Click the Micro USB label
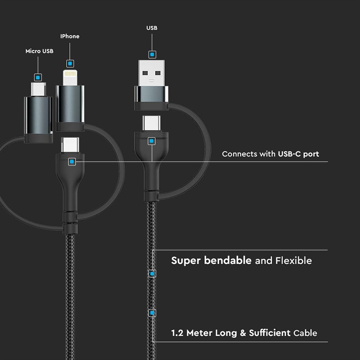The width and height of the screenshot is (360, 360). click(39, 51)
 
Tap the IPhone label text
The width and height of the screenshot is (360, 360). click(70, 36)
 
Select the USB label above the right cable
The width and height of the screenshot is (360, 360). click(152, 28)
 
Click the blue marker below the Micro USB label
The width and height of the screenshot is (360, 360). click(38, 77)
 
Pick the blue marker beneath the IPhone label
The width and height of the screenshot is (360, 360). click(70, 63)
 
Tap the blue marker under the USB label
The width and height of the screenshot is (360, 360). click(152, 54)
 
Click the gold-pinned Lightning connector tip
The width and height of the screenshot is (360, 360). click(70, 77)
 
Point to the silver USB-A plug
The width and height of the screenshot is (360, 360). click(151, 73)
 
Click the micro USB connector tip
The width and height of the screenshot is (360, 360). click(38, 90)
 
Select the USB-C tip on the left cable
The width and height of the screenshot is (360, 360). click(70, 145)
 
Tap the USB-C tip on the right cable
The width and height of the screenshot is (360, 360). click(151, 123)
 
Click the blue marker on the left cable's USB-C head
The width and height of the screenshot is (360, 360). click(72, 162)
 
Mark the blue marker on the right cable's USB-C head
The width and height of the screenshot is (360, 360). click(151, 141)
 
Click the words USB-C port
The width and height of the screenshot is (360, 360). click(298, 154)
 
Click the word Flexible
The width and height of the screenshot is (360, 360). click(293, 261)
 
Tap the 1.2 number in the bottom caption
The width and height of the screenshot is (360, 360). click(177, 333)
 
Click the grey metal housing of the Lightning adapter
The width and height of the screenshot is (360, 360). click(70, 104)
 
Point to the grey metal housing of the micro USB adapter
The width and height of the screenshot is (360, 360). click(38, 115)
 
